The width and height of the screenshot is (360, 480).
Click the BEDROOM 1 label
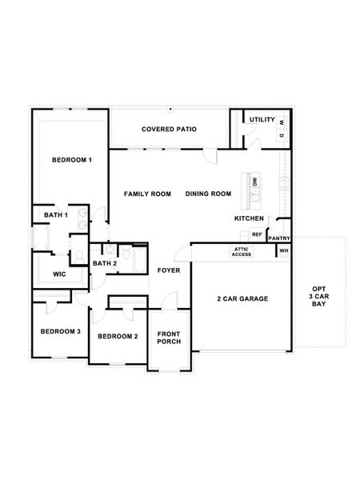(x=72, y=160)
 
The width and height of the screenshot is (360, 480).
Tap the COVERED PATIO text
(x=169, y=129)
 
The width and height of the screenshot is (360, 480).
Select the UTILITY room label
(x=262, y=120)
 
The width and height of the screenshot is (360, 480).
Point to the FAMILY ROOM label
(x=147, y=194)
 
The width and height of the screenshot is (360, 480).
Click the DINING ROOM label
(x=208, y=194)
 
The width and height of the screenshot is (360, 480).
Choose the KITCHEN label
(x=249, y=218)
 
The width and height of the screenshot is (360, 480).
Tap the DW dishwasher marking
(x=254, y=182)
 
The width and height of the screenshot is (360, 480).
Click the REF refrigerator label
(x=257, y=234)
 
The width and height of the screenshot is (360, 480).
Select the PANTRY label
(x=279, y=238)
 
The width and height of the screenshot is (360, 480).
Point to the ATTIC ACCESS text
(x=242, y=252)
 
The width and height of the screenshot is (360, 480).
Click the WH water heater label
(x=283, y=251)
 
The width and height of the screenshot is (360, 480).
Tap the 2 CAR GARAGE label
(x=242, y=299)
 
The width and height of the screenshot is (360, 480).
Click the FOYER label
(x=168, y=270)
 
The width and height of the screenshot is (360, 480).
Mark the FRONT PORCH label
(x=168, y=338)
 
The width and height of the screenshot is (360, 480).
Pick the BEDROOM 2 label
(x=118, y=336)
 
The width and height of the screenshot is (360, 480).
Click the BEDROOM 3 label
(x=60, y=331)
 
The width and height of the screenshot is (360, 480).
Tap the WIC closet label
(x=59, y=274)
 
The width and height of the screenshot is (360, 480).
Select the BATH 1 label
(x=56, y=215)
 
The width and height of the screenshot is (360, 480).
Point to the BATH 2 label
(x=105, y=263)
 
